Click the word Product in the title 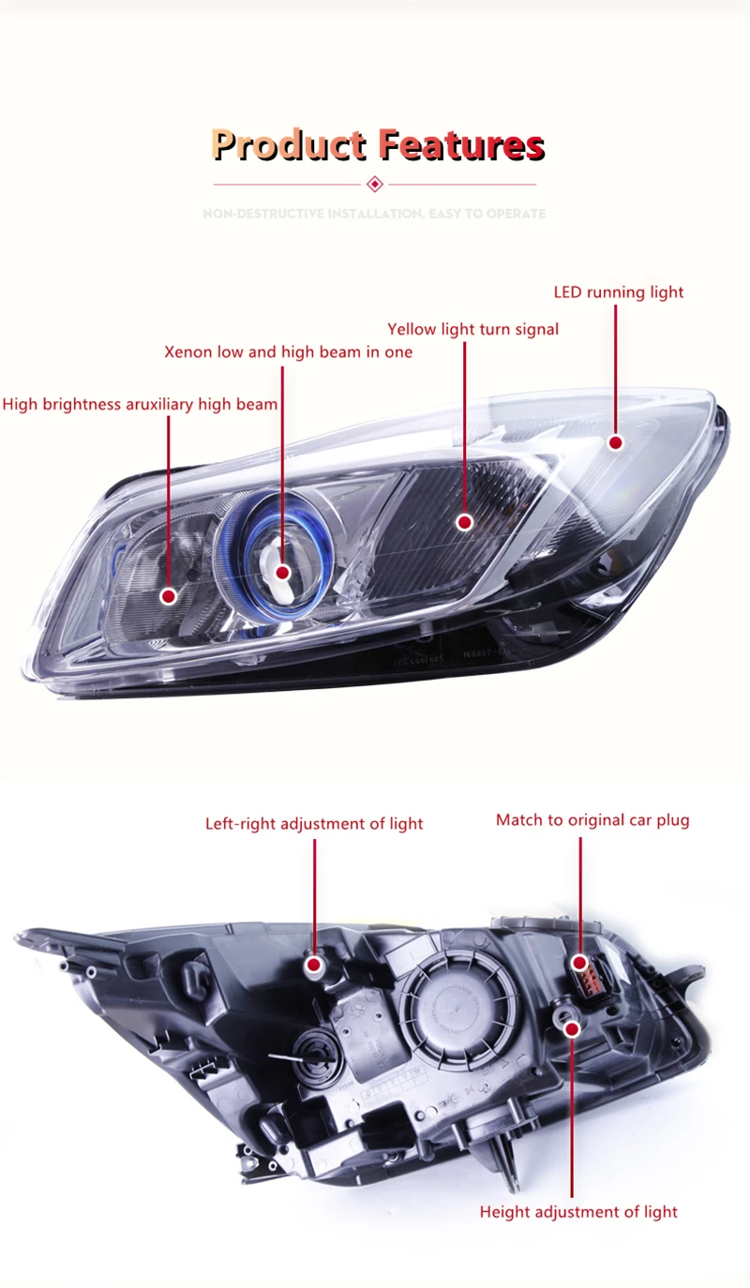tap(289, 144)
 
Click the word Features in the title tap(461, 144)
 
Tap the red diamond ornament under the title tap(375, 184)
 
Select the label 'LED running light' tap(619, 292)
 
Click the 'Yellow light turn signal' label tap(472, 330)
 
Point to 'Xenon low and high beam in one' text tap(288, 352)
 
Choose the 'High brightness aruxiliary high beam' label tap(140, 405)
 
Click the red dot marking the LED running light tap(616, 442)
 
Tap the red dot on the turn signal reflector tap(465, 522)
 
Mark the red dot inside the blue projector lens tap(282, 572)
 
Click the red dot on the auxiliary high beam tap(169, 596)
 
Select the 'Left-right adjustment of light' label tap(314, 824)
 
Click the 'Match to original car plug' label tap(592, 820)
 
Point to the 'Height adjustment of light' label tap(578, 1212)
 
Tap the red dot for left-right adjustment tap(314, 964)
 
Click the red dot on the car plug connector tap(580, 963)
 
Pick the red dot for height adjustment tap(572, 1028)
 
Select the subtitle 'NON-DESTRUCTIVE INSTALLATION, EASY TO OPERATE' tap(374, 214)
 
